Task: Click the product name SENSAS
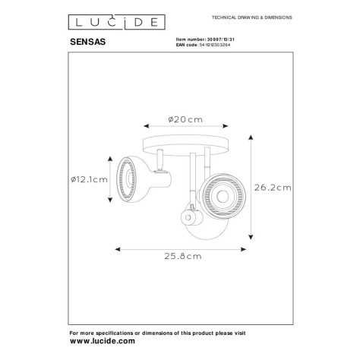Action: point(88,44)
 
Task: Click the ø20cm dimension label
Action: point(184,119)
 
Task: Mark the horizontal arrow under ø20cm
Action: point(182,131)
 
